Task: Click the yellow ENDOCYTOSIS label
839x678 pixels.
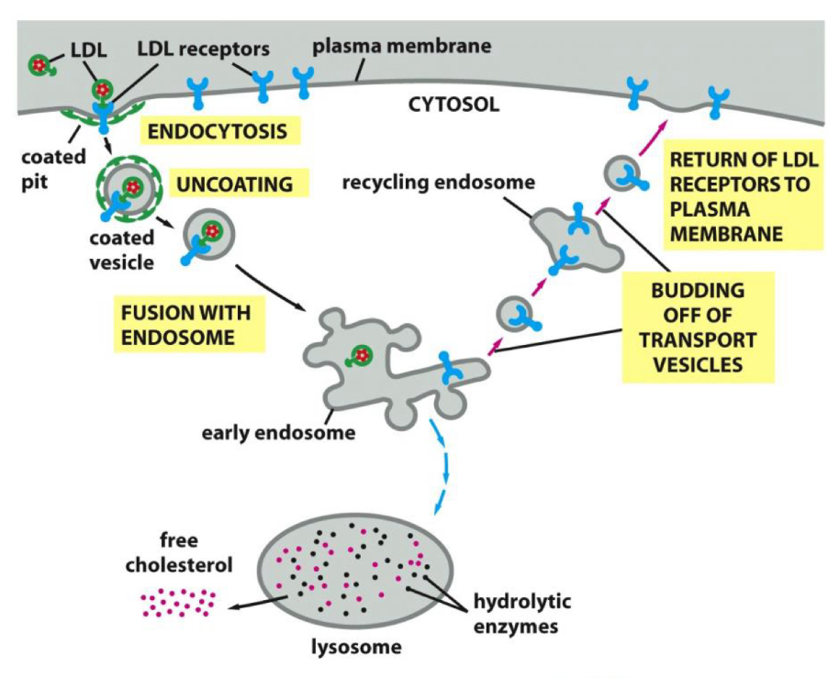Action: pyautogui.click(x=217, y=130)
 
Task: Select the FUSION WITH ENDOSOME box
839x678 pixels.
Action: pyautogui.click(x=186, y=324)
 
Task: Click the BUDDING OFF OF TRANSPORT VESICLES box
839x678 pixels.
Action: pyautogui.click(x=697, y=327)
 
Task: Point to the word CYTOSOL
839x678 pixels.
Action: pyautogui.click(x=453, y=105)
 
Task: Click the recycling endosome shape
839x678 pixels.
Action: pyautogui.click(x=573, y=239)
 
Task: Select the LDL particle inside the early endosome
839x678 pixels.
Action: pyautogui.click(x=358, y=358)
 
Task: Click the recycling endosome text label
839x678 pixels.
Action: pyautogui.click(x=438, y=183)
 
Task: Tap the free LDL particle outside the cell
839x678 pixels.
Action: pyautogui.click(x=39, y=65)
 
